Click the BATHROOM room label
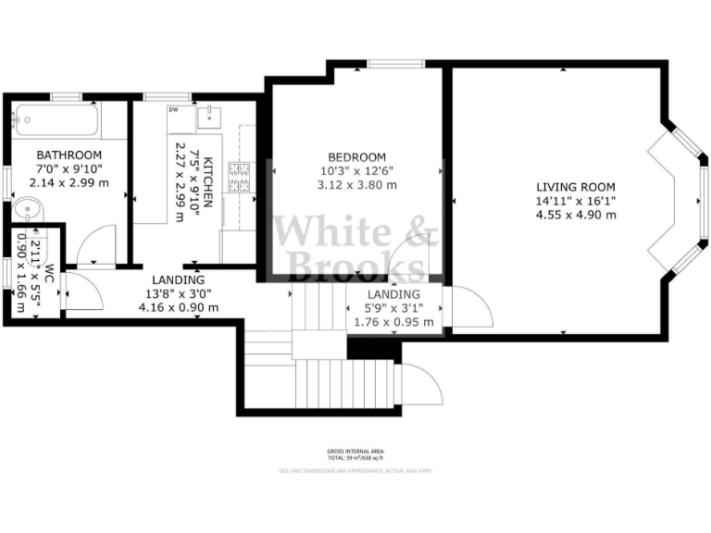pyautogui.click(x=69, y=155)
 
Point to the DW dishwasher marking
pyautogui.click(x=173, y=110)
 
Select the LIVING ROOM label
pyautogui.click(x=576, y=186)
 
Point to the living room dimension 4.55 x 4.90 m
pyautogui.click(x=576, y=215)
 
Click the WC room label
pyautogui.click(x=50, y=275)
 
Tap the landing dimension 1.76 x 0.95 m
pyautogui.click(x=393, y=322)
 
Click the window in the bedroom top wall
pyautogui.click(x=395, y=64)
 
